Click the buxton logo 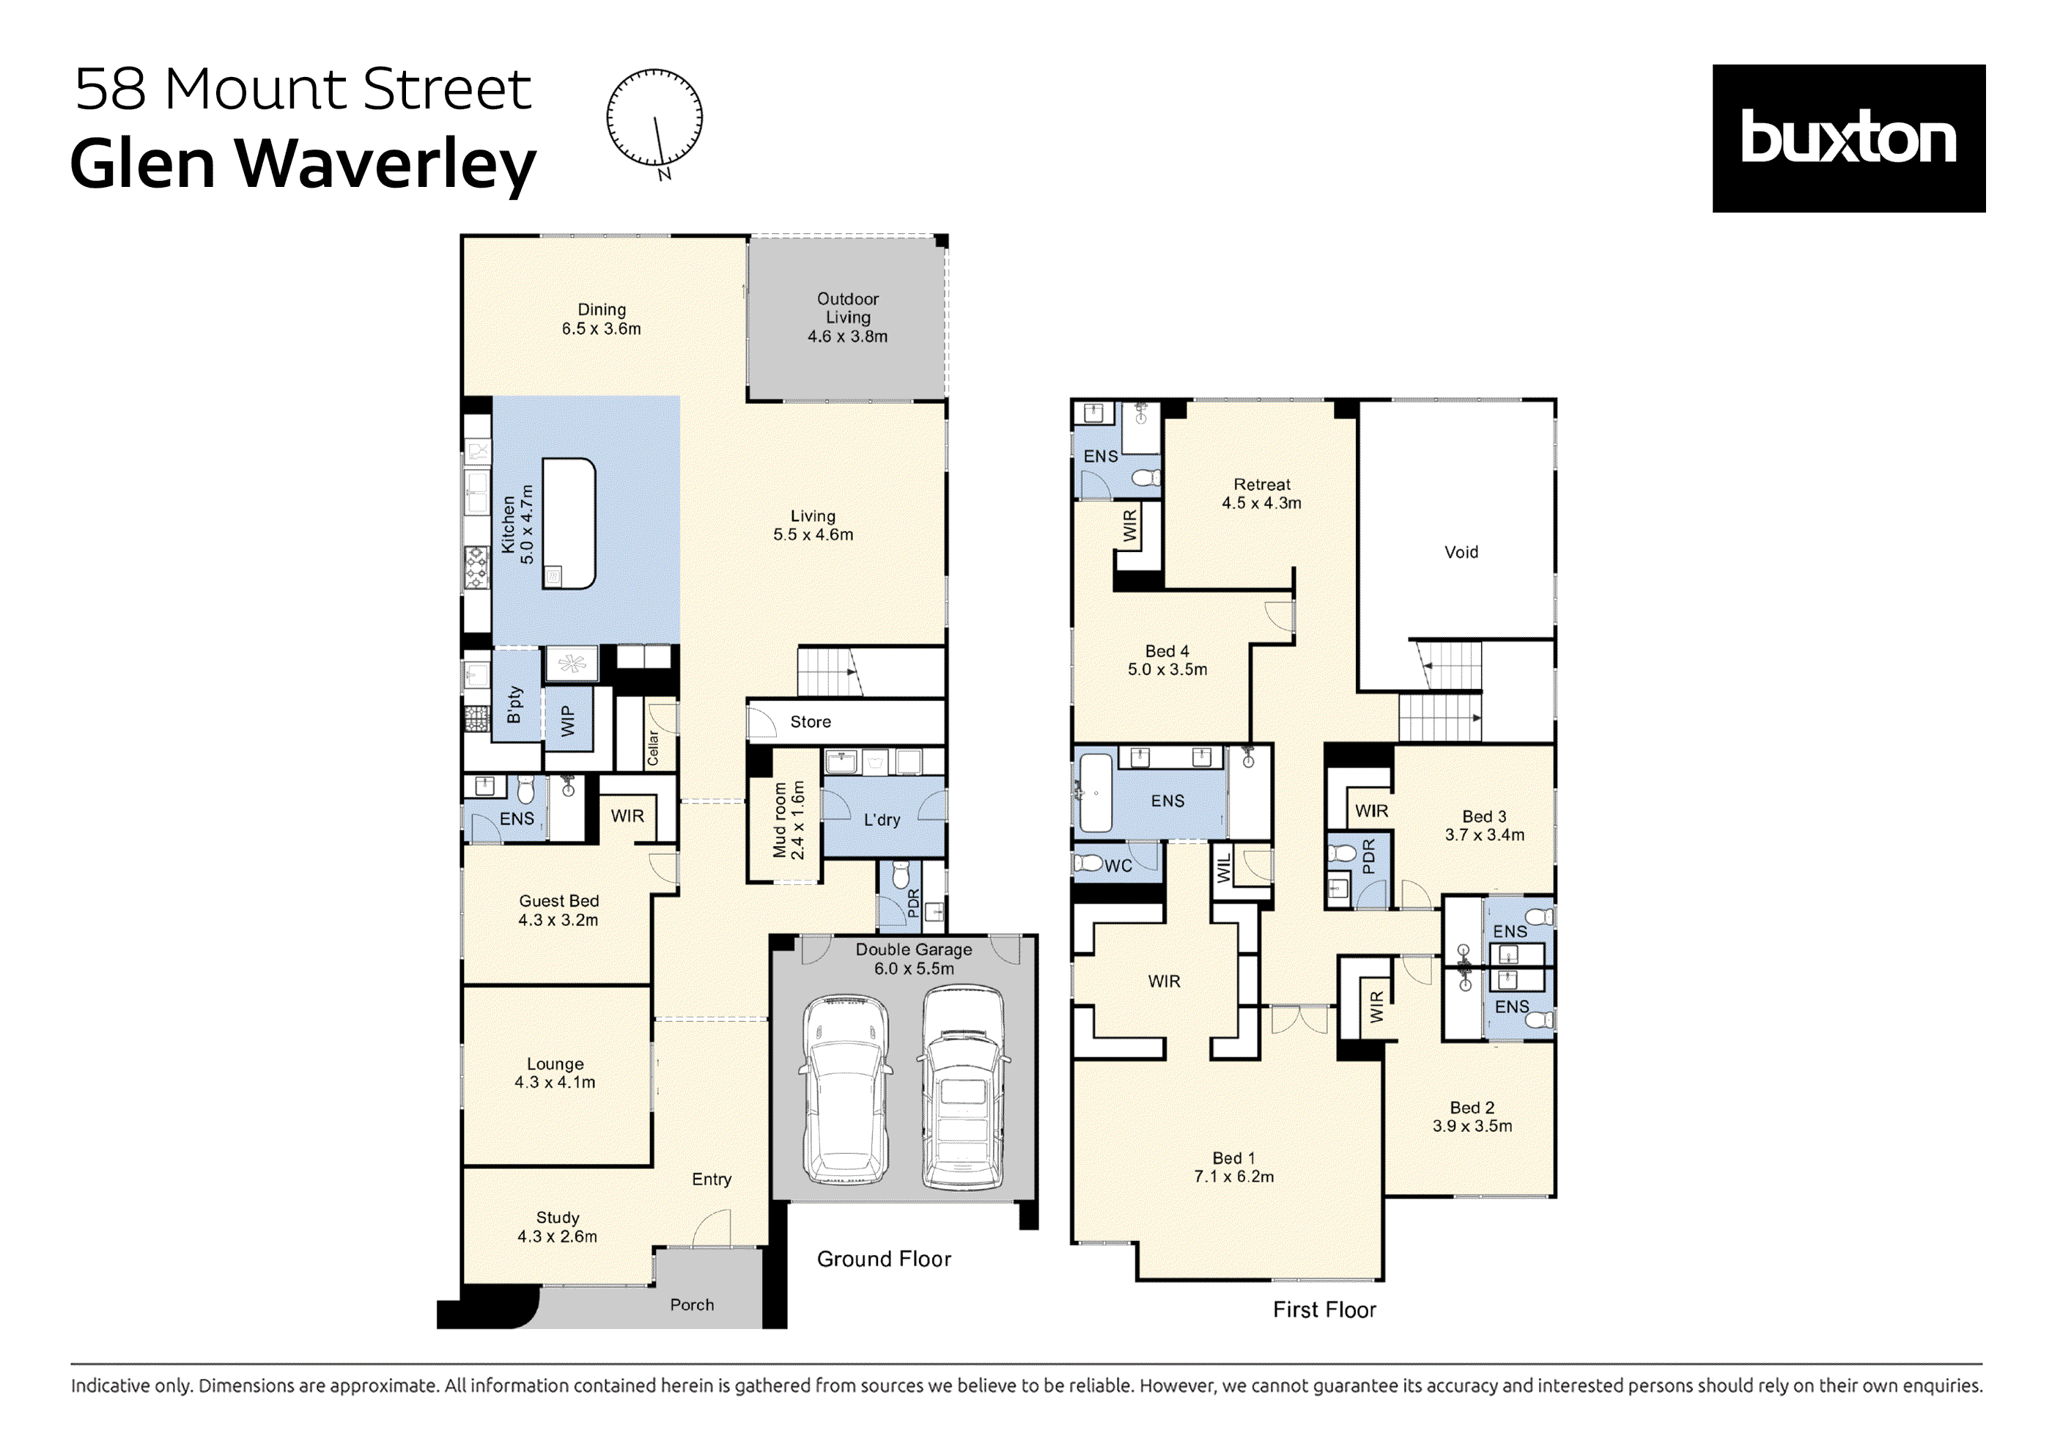(1848, 139)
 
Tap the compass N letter (664, 174)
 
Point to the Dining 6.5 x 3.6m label (602, 319)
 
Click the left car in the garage (846, 1088)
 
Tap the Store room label (810, 722)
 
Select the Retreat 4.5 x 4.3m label (1261, 493)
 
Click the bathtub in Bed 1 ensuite (1095, 793)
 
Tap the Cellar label (653, 747)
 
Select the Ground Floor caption (883, 1259)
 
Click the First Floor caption (1324, 1310)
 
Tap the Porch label (692, 1305)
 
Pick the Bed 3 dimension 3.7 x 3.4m (1485, 835)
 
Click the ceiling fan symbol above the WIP (571, 664)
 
